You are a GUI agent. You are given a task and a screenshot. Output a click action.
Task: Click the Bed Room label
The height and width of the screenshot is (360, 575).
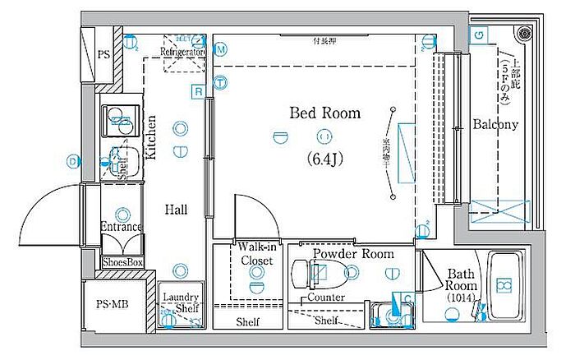pos(324,113)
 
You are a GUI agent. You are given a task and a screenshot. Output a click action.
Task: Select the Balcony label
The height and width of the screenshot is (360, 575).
pos(495,125)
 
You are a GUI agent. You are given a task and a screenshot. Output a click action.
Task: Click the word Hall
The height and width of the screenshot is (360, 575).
pos(175,210)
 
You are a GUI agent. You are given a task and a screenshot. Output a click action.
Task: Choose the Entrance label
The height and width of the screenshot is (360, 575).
pos(122,227)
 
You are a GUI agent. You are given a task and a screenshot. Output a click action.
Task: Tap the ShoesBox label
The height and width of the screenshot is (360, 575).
pos(122,262)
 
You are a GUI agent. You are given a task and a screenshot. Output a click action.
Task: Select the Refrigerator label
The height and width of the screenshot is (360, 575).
pos(182,52)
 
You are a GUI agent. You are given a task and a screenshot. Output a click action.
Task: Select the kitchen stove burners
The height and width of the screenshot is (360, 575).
pos(120,120)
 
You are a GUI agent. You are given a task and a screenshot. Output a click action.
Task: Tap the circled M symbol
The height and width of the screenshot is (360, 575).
pos(221,49)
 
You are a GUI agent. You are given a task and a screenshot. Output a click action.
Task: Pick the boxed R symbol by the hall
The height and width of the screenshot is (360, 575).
pos(198,91)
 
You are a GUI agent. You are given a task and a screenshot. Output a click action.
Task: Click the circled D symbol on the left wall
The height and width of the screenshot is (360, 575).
pos(73,161)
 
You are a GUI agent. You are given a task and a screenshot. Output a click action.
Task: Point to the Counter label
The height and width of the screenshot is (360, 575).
pos(327,297)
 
